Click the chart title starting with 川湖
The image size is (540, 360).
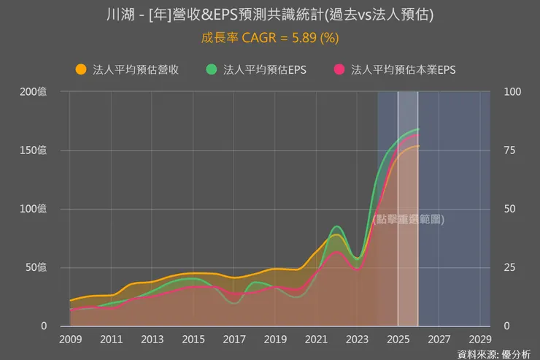tap(269, 14)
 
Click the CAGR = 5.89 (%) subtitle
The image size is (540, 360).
tap(269, 37)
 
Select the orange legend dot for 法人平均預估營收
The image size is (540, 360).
tap(81, 69)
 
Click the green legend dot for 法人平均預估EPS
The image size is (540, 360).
tap(212, 69)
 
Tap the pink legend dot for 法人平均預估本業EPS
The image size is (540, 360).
tap(339, 69)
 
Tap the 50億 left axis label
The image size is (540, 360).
tap(36, 267)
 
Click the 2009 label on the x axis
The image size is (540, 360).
tap(70, 340)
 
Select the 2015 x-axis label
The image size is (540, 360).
tap(193, 340)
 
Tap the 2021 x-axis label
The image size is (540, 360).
tap(316, 340)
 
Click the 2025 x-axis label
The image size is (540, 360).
tap(398, 340)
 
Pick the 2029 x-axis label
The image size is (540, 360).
tap(479, 340)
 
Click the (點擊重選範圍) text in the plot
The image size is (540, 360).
tap(408, 219)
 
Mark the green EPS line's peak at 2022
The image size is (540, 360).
tap(336, 226)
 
